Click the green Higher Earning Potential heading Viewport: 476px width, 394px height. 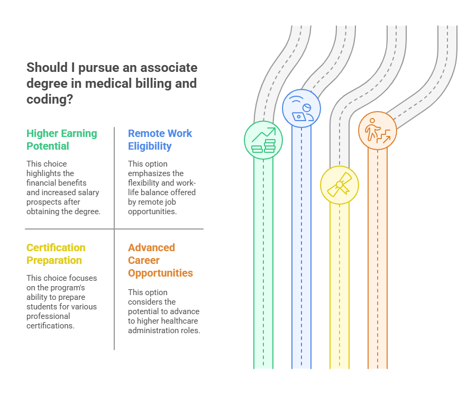click(x=61, y=140)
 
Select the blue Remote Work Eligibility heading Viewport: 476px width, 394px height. click(x=160, y=140)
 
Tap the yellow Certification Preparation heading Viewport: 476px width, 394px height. click(x=56, y=254)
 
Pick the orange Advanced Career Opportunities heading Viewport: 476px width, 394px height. click(x=160, y=260)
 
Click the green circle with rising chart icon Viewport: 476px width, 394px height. click(x=263, y=140)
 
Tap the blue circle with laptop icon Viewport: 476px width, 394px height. click(x=301, y=109)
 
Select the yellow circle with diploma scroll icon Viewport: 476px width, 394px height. click(x=340, y=185)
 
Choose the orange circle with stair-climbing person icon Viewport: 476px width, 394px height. click(x=378, y=131)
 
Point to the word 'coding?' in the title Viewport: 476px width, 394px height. click(x=50, y=99)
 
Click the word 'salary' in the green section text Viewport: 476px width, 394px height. click(x=87, y=192)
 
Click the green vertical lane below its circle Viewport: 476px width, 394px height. click(x=263, y=264)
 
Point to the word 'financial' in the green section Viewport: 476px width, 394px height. click(x=43, y=182)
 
